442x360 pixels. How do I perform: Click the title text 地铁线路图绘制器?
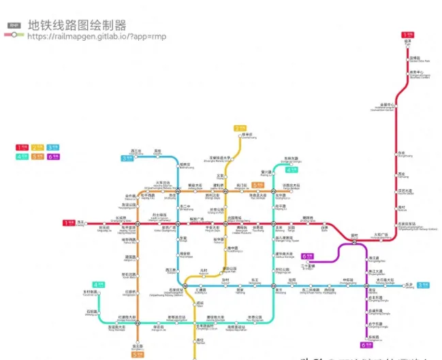[x=77, y=25]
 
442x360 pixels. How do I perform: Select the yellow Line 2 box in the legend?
[x=36, y=147]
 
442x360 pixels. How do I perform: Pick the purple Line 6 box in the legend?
[x=52, y=157]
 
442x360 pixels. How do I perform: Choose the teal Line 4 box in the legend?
[x=21, y=157]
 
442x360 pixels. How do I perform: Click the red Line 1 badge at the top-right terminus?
[x=407, y=33]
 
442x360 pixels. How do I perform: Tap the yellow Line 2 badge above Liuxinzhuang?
[x=239, y=128]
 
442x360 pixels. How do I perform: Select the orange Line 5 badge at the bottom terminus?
[x=137, y=355]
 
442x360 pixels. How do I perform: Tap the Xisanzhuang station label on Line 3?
[x=136, y=152]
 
